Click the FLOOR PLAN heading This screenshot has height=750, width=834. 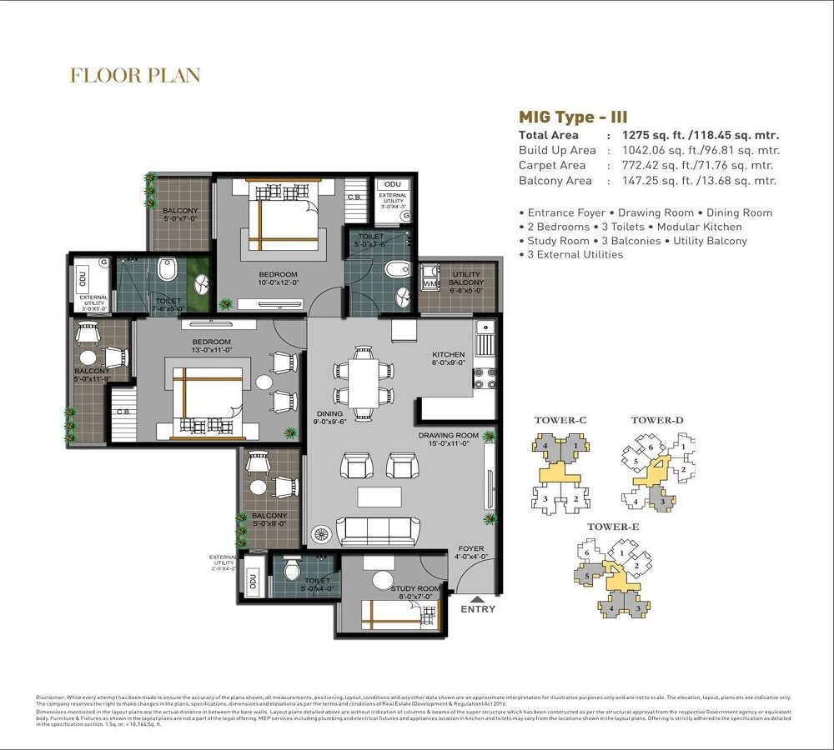(x=135, y=76)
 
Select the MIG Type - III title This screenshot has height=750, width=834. (x=572, y=117)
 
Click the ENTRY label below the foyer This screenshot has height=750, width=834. (x=478, y=608)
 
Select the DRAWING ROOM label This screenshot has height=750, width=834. (x=449, y=436)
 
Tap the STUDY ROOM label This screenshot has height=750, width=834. (x=414, y=589)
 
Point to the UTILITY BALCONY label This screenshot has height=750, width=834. (x=467, y=278)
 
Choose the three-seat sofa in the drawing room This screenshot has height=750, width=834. (x=378, y=530)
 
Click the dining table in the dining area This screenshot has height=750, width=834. (x=362, y=382)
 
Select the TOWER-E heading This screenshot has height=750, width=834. (x=613, y=527)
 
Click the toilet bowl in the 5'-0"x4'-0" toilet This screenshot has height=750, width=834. (x=292, y=569)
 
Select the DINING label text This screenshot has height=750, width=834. (x=329, y=413)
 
